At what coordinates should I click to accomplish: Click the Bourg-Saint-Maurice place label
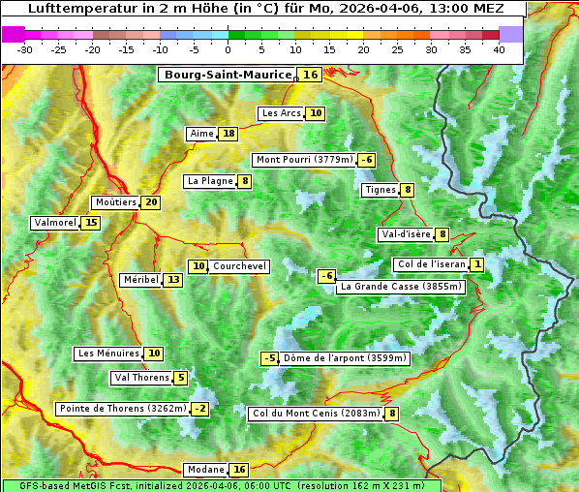click(228, 75)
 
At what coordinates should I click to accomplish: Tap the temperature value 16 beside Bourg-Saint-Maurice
click(310, 75)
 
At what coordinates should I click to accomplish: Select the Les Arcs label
click(282, 113)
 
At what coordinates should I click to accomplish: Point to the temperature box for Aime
click(228, 134)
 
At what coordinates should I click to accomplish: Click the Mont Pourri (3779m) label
click(304, 160)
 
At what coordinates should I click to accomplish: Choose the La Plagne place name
click(210, 181)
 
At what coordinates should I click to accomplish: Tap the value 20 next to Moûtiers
click(151, 202)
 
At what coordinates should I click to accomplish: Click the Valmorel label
click(55, 223)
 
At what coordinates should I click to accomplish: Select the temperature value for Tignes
click(408, 190)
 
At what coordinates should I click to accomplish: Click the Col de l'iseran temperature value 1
click(477, 264)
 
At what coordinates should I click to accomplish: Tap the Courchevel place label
click(239, 266)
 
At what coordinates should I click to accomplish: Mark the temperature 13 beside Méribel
click(172, 280)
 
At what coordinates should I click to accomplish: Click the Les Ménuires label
click(107, 354)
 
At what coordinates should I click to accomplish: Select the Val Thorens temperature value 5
click(181, 378)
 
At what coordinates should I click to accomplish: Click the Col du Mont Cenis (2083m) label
click(315, 414)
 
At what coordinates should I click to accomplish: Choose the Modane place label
click(205, 470)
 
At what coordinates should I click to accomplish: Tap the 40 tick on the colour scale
click(499, 49)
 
